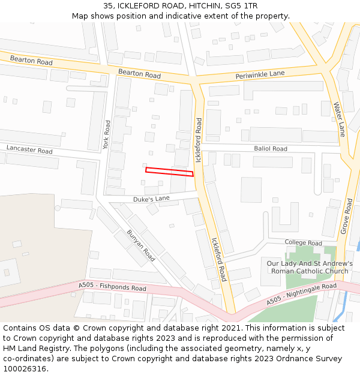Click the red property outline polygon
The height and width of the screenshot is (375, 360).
(169, 172)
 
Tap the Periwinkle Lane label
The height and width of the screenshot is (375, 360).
(260, 74)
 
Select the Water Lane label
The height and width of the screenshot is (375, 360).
(340, 119)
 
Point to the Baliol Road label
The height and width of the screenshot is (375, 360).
(271, 149)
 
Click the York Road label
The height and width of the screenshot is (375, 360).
(107, 135)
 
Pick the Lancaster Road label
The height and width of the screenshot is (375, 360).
(29, 149)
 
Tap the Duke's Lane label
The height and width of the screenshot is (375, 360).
(151, 198)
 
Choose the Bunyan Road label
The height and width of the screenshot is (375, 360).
(141, 246)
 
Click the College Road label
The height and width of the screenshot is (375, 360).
(303, 243)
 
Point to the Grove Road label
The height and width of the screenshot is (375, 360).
(346, 216)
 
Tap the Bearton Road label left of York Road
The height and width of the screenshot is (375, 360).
(32, 60)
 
